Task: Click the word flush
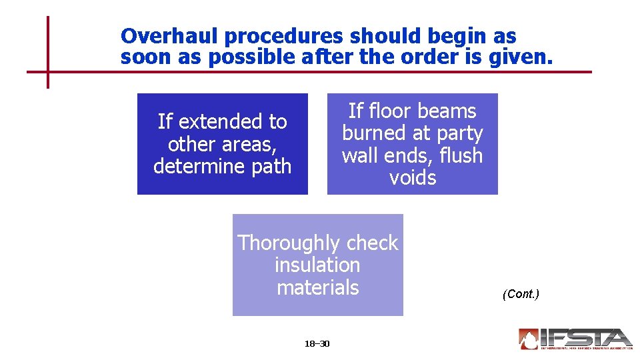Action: (x=459, y=155)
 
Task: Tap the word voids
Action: (x=412, y=178)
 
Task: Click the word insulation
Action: (x=317, y=265)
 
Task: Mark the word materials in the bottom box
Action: (x=317, y=287)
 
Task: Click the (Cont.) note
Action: (x=520, y=294)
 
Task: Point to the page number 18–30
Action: (x=317, y=344)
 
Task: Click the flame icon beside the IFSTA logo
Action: (x=529, y=339)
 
